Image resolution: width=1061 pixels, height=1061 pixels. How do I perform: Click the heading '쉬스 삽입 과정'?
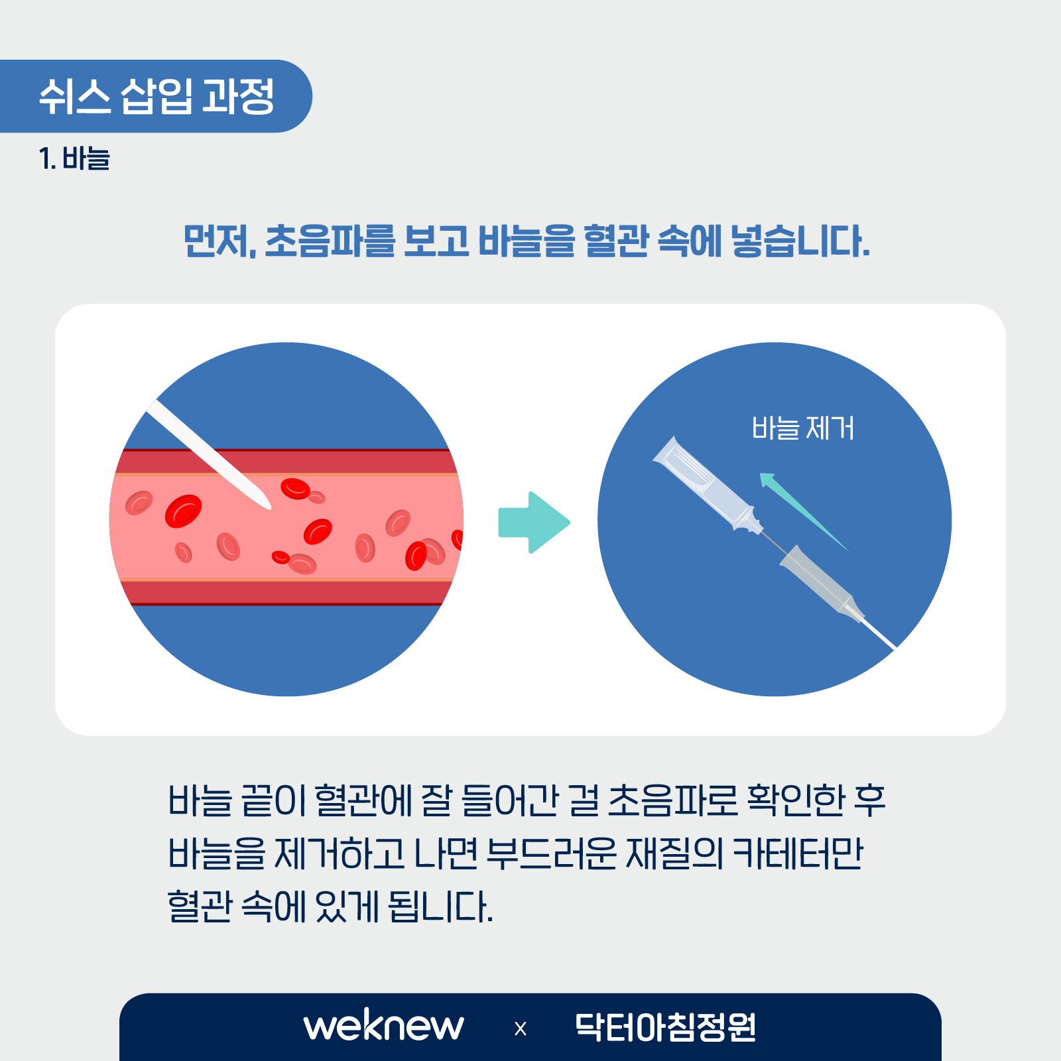pyautogui.click(x=156, y=97)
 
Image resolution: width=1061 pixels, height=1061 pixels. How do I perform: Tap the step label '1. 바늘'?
pyautogui.click(x=74, y=158)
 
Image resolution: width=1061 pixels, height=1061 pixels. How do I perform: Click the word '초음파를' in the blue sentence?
pyautogui.click(x=330, y=241)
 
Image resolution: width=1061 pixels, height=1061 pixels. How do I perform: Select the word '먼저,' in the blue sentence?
pyautogui.click(x=219, y=241)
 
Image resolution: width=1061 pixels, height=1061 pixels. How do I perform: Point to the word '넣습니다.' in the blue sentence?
pyautogui.click(x=800, y=241)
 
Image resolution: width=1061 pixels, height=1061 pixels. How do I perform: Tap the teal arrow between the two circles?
pyautogui.click(x=534, y=523)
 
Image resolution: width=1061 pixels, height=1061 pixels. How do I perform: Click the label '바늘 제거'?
pyautogui.click(x=803, y=428)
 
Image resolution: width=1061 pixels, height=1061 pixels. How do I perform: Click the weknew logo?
pyautogui.click(x=383, y=1026)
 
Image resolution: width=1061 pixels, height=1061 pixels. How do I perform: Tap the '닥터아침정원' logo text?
pyautogui.click(x=665, y=1027)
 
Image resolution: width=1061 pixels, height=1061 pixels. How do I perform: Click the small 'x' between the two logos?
pyautogui.click(x=521, y=1029)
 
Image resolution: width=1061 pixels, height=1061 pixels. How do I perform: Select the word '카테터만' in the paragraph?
pyautogui.click(x=798, y=853)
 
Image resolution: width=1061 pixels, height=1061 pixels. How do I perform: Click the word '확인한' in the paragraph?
pyautogui.click(x=796, y=800)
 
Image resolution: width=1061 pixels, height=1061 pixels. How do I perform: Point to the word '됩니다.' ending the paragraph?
pyautogui.click(x=440, y=906)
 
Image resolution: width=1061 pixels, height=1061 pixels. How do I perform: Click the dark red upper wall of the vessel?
pyautogui.click(x=286, y=462)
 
